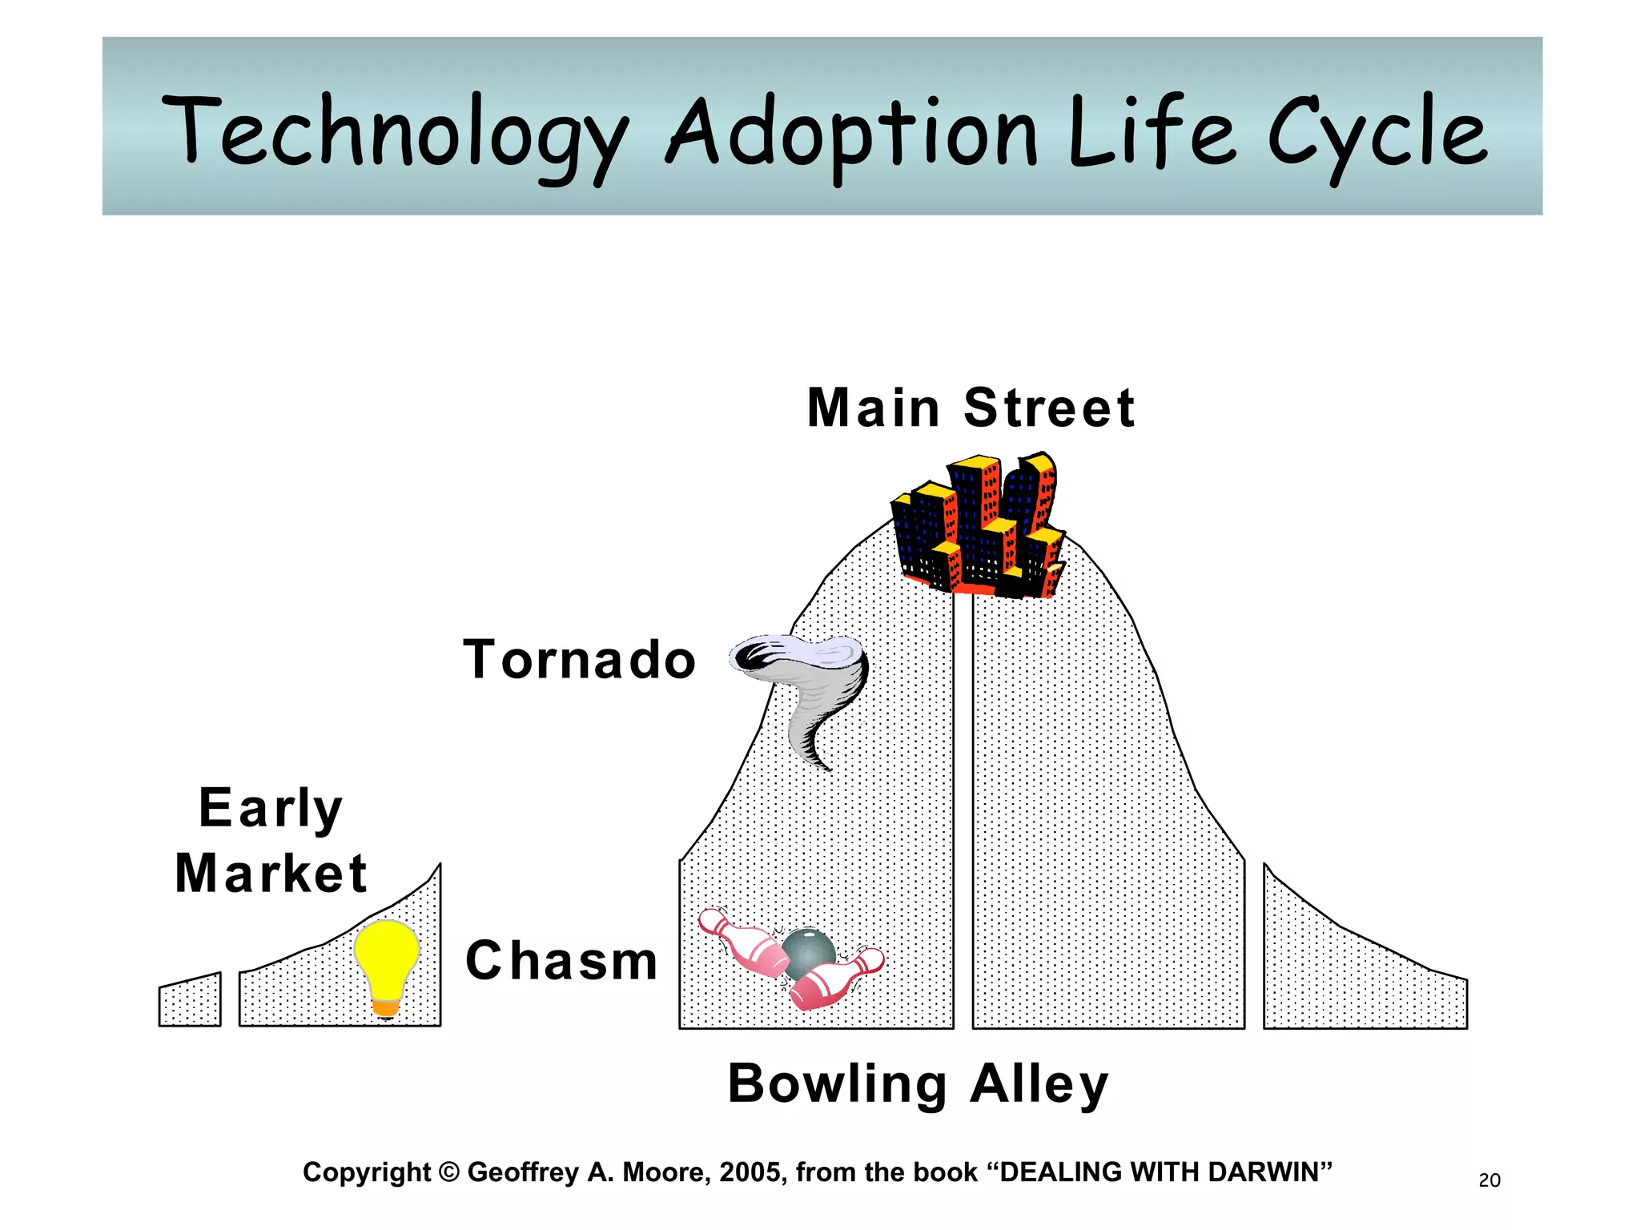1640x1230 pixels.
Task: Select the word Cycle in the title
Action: click(x=1377, y=132)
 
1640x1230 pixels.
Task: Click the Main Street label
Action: click(x=971, y=408)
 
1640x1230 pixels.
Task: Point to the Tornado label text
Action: click(x=580, y=660)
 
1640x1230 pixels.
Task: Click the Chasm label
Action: click(x=561, y=960)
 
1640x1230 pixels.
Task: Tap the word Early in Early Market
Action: click(x=271, y=808)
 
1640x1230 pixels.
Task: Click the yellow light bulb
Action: click(x=387, y=957)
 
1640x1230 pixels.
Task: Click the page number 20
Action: click(x=1489, y=1180)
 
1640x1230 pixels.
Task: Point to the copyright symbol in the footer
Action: click(x=449, y=1172)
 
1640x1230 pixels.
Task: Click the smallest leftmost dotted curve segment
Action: click(x=190, y=1001)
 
